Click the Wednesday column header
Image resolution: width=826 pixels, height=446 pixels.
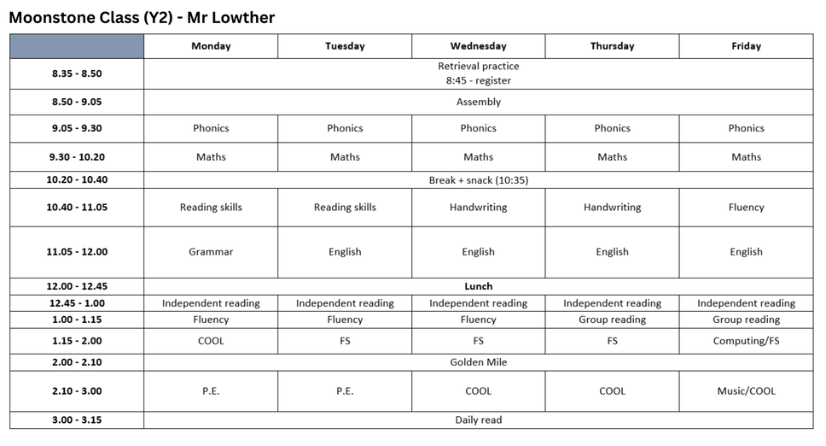478,46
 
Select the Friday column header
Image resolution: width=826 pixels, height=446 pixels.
746,46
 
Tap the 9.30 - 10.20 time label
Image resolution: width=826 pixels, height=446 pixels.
77,157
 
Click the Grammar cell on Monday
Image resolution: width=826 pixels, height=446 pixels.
211,252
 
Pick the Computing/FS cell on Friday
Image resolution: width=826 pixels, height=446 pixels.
746,341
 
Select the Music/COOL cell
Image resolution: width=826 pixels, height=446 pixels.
746,391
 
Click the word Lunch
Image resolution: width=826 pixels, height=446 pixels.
478,286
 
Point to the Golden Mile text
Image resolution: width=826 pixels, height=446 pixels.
478,362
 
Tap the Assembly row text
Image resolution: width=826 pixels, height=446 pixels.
478,102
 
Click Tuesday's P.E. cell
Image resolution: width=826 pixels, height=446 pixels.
345,391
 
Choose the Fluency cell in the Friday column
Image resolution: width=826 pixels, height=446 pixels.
746,208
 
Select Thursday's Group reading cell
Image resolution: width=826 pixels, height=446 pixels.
612,320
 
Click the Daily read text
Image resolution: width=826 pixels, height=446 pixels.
478,420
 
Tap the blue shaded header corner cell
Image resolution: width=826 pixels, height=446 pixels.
77,46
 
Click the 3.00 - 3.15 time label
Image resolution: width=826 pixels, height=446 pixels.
77,420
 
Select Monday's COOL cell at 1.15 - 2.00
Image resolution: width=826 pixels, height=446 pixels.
211,341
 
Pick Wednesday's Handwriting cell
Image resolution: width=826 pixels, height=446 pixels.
478,208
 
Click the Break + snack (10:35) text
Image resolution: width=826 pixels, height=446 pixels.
478,180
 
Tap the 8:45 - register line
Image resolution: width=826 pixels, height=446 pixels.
478,81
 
